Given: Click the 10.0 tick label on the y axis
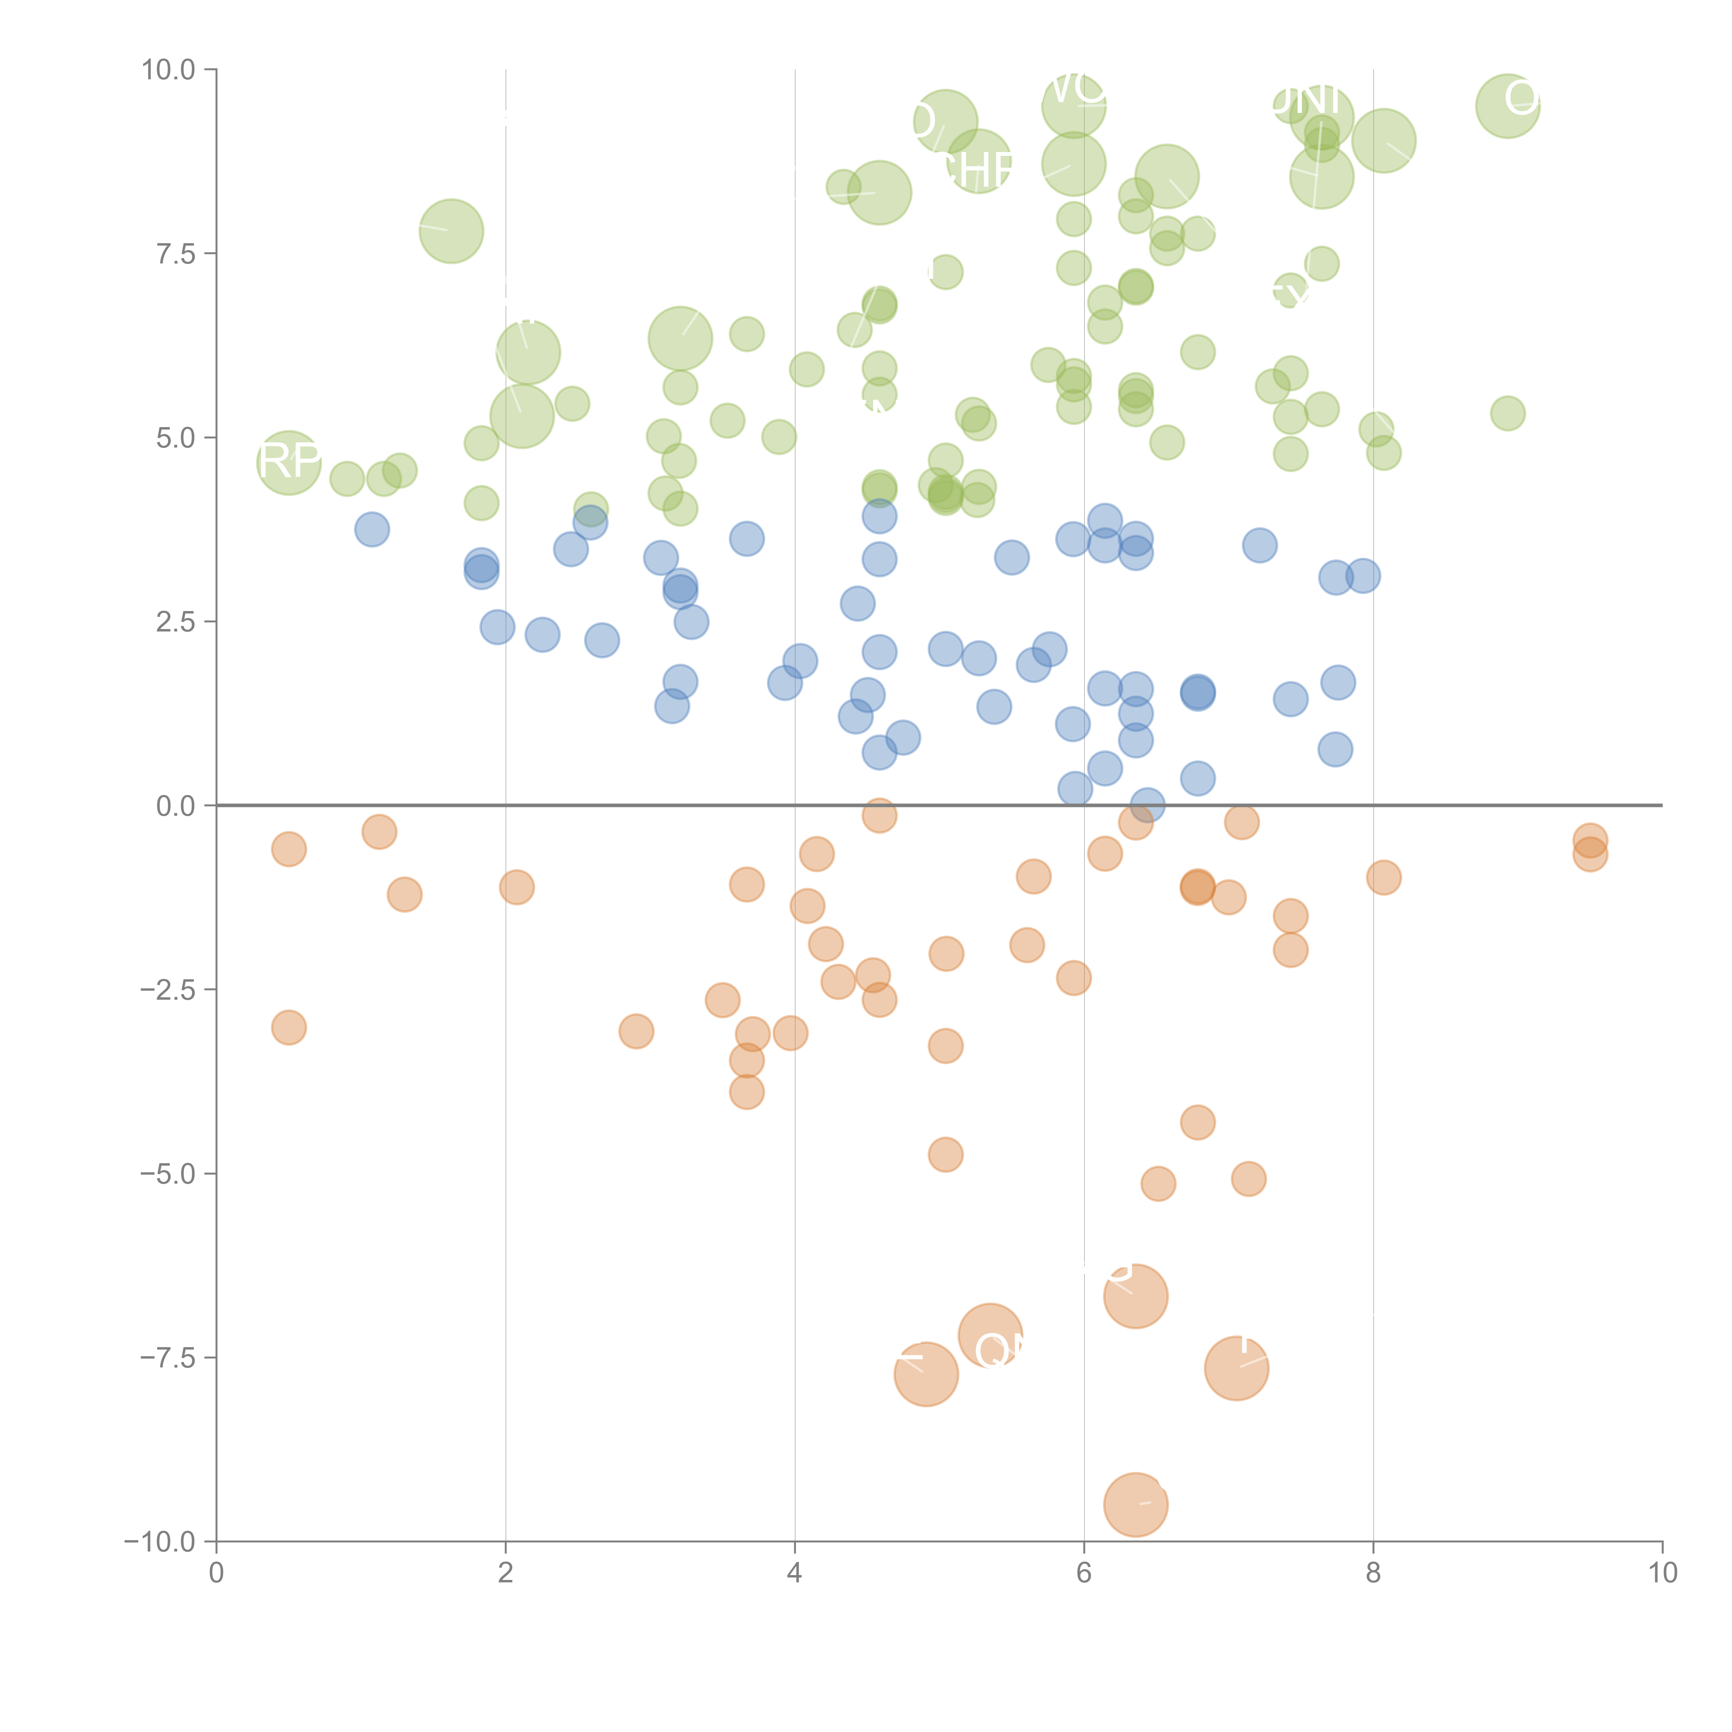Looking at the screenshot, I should point(168,70).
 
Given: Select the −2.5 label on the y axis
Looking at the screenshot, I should point(168,990).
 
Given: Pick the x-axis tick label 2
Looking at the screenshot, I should point(506,1573).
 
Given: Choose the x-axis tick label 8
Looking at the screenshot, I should point(1373,1573).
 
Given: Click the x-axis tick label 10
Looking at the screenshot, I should point(1662,1573).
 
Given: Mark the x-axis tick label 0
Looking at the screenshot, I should point(216,1573).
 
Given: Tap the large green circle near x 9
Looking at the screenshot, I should point(1508,106).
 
